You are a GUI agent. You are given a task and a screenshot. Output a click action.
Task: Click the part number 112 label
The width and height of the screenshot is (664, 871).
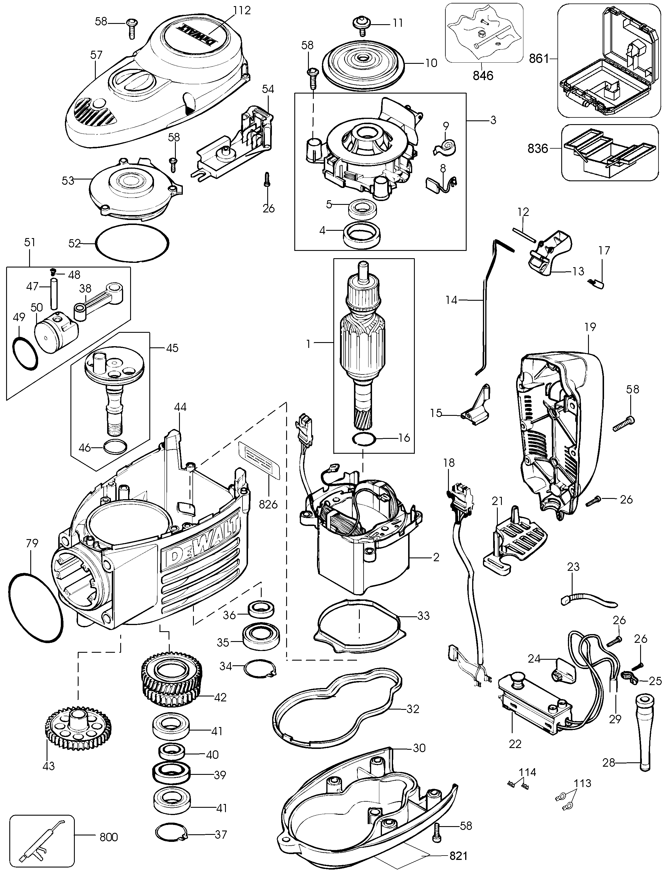[x=242, y=11]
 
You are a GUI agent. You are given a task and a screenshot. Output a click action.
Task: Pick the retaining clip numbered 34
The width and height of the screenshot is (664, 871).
[x=260, y=669]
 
